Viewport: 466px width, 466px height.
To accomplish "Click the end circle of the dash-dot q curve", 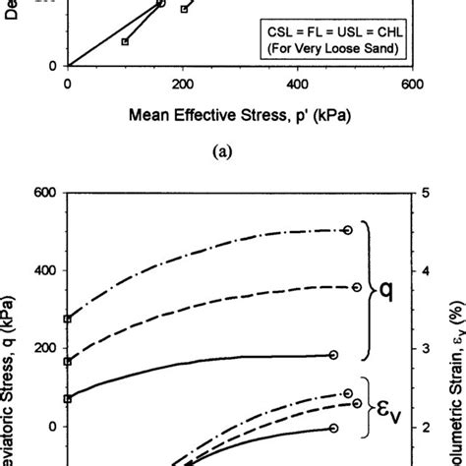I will (x=348, y=230).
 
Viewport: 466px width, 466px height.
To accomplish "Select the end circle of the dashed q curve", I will (x=356, y=287).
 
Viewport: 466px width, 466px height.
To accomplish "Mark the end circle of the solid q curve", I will (x=333, y=355).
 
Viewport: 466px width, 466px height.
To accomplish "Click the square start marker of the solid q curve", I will (x=67, y=399).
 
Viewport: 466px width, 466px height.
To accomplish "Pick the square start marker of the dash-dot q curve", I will (x=67, y=320).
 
